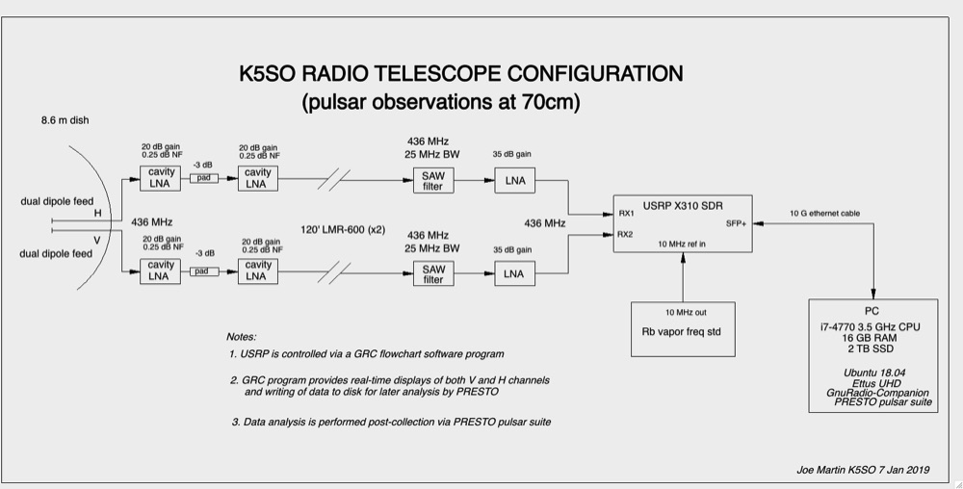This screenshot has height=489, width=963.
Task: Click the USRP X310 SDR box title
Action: (683, 206)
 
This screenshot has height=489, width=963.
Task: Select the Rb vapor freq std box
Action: (683, 329)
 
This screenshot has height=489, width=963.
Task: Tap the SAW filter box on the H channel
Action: (433, 180)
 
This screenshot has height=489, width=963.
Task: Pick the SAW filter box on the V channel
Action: (433, 273)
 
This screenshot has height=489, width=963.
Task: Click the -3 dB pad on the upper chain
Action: (203, 178)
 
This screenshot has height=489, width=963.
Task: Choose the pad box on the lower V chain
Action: (204, 271)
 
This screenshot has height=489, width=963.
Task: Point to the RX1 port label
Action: (627, 214)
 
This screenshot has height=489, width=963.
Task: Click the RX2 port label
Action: (625, 234)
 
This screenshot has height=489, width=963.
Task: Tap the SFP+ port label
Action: (737, 223)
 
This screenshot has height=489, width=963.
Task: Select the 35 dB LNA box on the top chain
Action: (514, 180)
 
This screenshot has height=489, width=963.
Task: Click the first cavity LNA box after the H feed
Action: (160, 178)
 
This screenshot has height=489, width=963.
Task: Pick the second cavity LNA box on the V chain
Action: (258, 271)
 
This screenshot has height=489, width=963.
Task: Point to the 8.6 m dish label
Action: (65, 120)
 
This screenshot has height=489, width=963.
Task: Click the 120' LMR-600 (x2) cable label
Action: (343, 229)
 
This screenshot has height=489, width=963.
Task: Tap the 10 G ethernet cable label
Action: (825, 214)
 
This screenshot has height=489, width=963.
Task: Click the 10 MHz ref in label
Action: (682, 244)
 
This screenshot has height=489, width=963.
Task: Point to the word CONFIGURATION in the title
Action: (595, 73)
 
